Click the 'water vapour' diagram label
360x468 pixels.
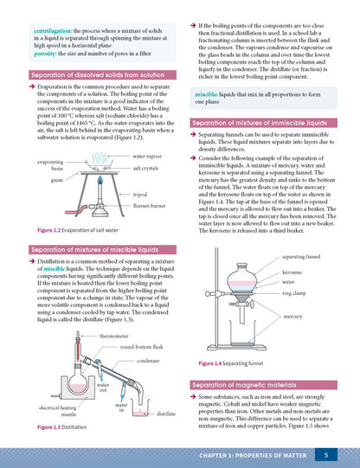[x=150, y=156]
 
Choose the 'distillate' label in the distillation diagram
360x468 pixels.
[x=166, y=414]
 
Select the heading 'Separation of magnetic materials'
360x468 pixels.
[x=245, y=382]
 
